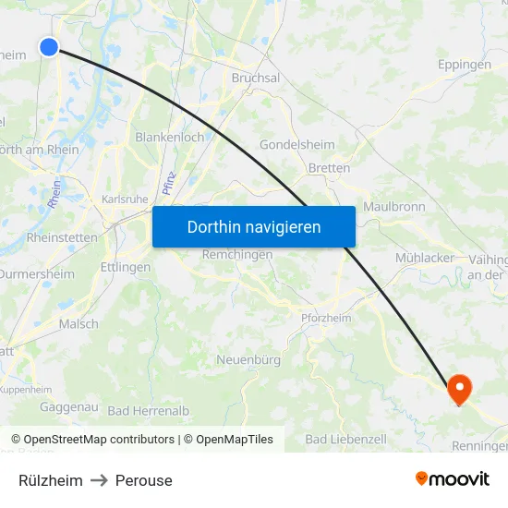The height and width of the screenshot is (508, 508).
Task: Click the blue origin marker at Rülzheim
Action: pyautogui.click(x=49, y=47)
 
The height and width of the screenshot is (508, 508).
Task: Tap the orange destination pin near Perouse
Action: pyautogui.click(x=459, y=389)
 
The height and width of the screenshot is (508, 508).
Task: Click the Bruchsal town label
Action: pyautogui.click(x=256, y=79)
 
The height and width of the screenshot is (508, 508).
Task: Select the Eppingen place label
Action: pyautogui.click(x=464, y=65)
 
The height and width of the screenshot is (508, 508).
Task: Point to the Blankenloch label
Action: pyautogui.click(x=170, y=137)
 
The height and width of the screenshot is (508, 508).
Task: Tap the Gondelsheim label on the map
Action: pyautogui.click(x=296, y=145)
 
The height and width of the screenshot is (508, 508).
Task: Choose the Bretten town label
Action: pyautogui.click(x=329, y=168)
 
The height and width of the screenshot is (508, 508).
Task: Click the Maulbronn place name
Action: pyautogui.click(x=394, y=207)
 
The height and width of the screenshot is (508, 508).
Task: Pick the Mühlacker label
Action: pyautogui.click(x=425, y=258)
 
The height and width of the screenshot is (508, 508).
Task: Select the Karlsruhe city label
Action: pyautogui.click(x=124, y=199)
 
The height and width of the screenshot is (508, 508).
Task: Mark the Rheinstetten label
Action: pyautogui.click(x=62, y=237)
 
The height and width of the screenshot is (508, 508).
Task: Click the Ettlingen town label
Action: pyautogui.click(x=125, y=267)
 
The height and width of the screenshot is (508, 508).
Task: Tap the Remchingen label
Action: pyautogui.click(x=237, y=254)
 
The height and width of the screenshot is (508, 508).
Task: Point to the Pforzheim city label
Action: pyautogui.click(x=326, y=318)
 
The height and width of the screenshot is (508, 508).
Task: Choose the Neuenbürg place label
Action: pyautogui.click(x=248, y=359)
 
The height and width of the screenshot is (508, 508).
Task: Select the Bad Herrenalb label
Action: pyautogui.click(x=149, y=410)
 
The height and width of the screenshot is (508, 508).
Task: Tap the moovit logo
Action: pyautogui.click(x=453, y=479)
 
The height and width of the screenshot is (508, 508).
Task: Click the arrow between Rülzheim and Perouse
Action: pyautogui.click(x=99, y=480)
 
